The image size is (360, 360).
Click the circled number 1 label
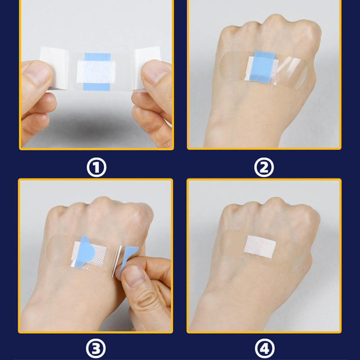click(x=96, y=167)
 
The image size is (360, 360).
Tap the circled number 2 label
click(x=264, y=167)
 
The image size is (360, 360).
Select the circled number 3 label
click(x=96, y=348)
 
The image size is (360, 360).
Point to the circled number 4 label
click(x=265, y=348)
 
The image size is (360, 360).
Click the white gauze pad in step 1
click(x=96, y=72)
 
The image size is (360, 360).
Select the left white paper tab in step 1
click(x=54, y=68)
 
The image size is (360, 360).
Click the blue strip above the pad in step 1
click(x=97, y=57)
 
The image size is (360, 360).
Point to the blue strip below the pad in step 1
click(x=96, y=87)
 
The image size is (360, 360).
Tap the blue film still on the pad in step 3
click(x=85, y=252)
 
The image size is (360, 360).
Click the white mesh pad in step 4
click(x=260, y=247)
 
